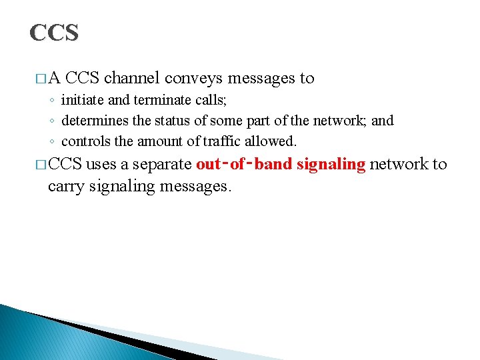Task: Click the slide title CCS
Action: pos(54,32)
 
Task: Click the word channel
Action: pos(131,78)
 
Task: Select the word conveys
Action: pos(193,78)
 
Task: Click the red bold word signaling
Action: pos(332,165)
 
